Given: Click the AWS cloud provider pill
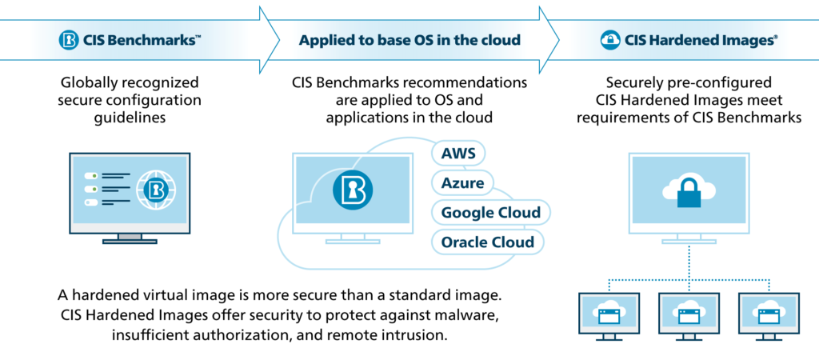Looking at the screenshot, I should tap(458, 154).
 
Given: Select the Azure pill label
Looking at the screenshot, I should tap(463, 183).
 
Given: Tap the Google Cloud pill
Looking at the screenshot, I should tap(490, 213).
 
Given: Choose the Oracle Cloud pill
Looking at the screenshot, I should tap(488, 241).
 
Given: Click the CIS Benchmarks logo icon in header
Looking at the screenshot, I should tap(70, 39).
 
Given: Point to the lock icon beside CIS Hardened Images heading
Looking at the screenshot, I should tap(609, 39).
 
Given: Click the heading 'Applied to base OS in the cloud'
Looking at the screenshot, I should tap(409, 39).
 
